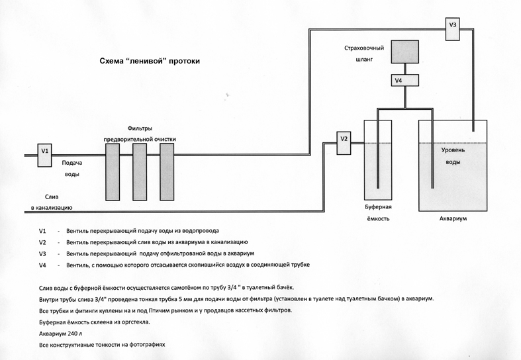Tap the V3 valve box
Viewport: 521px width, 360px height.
pos(453,24)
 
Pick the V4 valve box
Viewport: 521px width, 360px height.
pos(399,81)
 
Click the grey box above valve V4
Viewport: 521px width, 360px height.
pos(404,52)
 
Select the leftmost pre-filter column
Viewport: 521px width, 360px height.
pos(113,171)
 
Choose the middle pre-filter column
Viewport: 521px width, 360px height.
pos(139,171)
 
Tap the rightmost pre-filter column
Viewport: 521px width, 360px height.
pos(166,171)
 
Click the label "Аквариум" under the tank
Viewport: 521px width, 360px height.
pos(453,218)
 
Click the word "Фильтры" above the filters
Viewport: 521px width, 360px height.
pos(139,128)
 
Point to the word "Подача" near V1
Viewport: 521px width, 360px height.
pos(72,163)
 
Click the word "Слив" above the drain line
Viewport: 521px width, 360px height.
pos(52,197)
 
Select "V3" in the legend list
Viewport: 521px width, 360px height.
pos(43,253)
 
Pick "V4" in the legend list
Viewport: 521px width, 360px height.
pos(43,265)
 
